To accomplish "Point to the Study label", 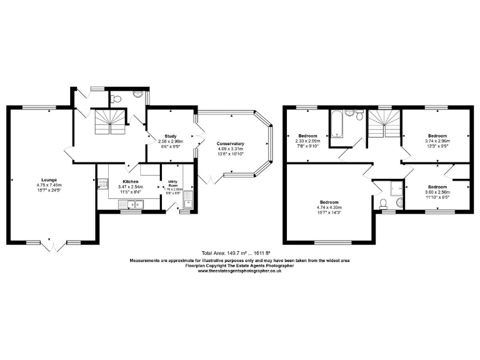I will pos(171,136).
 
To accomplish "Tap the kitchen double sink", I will pos(133,204).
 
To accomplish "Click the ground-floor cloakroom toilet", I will pos(116,98).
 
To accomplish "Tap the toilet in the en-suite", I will pos(382,203).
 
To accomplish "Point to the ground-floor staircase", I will pos(111,122).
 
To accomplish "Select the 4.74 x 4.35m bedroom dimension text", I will pos(329,207).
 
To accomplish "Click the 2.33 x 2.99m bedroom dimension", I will pos(309,141).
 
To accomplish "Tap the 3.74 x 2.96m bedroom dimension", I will pos(437,141).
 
